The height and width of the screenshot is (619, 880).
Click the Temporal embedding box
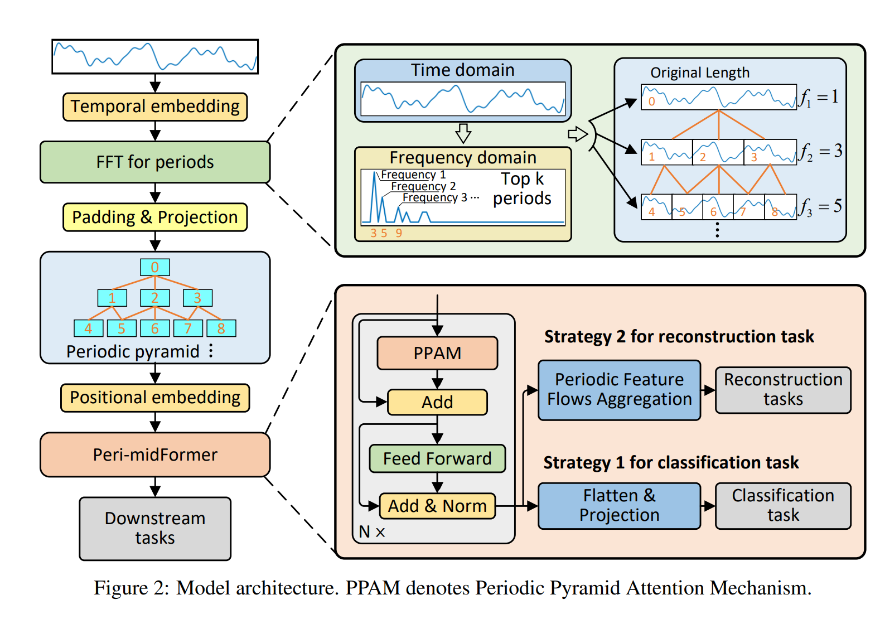[155, 107]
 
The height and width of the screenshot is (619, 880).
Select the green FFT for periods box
[155, 162]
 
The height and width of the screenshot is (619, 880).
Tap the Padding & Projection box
[155, 217]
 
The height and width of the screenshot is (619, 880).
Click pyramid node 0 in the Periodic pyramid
[155, 267]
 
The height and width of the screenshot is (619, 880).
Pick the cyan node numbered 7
[188, 328]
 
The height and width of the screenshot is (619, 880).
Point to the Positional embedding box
[155, 398]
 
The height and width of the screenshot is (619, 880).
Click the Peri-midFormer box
[155, 454]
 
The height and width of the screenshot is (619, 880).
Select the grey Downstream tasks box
[155, 528]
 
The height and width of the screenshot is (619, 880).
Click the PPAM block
[437, 353]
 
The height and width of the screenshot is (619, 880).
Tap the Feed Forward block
[437, 458]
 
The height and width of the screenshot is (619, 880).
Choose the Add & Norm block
[437, 506]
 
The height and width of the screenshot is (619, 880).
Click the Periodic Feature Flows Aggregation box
[619, 390]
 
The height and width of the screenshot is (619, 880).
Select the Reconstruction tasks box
[783, 390]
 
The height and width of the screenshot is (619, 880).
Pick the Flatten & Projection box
[619, 505]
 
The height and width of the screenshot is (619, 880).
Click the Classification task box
[783, 505]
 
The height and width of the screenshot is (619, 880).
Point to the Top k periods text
[522, 189]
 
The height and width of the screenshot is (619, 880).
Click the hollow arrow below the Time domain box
[463, 133]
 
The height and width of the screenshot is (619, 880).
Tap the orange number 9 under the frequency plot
[399, 233]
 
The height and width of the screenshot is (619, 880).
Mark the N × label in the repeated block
[372, 532]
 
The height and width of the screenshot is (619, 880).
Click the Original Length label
[700, 73]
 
